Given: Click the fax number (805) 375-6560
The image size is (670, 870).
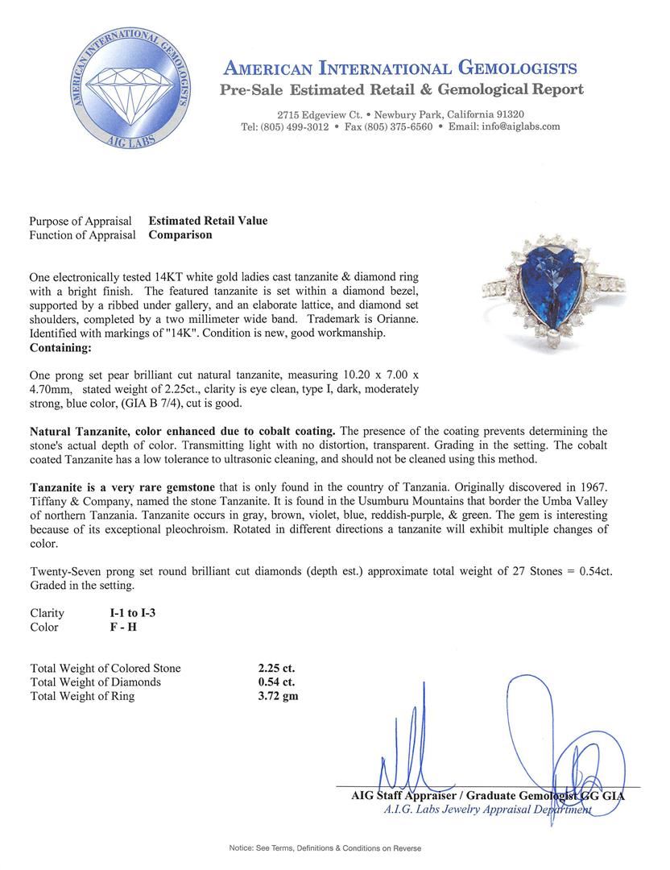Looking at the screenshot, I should coord(399,127).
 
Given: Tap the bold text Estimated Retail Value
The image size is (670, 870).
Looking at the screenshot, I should coord(208,221).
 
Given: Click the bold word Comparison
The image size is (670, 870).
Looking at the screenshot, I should coord(180,235).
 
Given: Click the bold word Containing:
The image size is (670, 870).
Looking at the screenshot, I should coord(60,348).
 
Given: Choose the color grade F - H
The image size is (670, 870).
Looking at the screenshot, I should coord(123,627).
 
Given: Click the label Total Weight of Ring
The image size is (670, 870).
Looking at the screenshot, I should coord(82,696).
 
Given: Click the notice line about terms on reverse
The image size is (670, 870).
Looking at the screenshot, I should coord(325,848).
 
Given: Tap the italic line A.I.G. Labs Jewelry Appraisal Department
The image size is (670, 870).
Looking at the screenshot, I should coord(487,810).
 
